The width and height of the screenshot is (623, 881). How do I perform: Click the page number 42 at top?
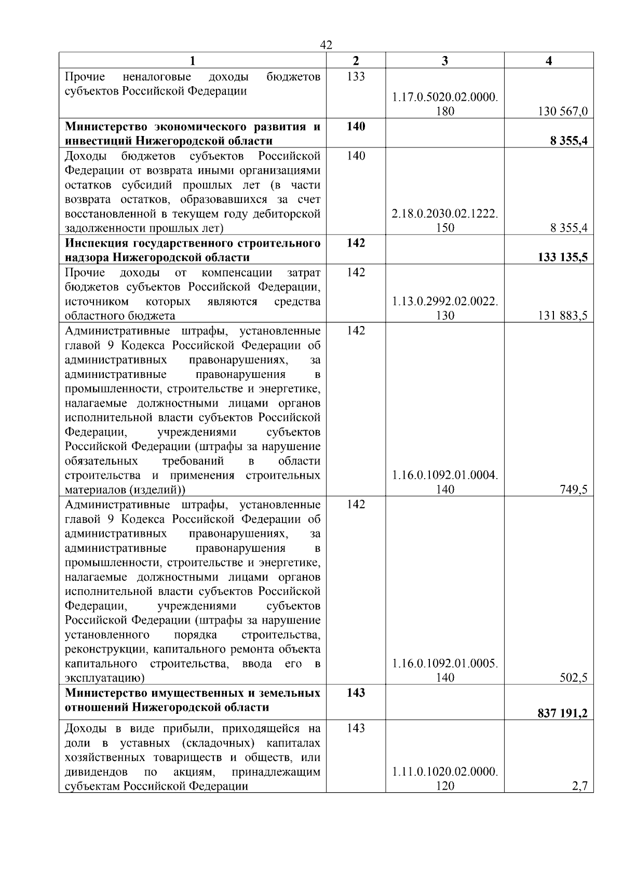pos(326,45)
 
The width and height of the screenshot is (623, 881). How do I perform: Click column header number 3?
pos(444,61)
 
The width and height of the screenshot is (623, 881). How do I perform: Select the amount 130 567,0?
pos(563,111)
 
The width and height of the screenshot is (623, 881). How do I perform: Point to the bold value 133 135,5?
pos(563,257)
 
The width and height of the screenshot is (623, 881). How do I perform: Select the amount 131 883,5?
pos(563,316)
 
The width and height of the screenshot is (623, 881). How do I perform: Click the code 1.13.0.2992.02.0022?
pos(445,301)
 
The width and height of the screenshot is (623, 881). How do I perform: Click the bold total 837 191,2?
pos(563,713)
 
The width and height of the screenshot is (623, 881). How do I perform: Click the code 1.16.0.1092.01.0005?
pos(445,663)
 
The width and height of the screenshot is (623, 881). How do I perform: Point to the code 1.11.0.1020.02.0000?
pos(445,771)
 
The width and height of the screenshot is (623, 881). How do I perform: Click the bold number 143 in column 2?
pos(356,693)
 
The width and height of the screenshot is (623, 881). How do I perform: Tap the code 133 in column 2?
pos(356,77)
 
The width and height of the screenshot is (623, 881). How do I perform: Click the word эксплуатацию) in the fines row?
pos(104,678)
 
